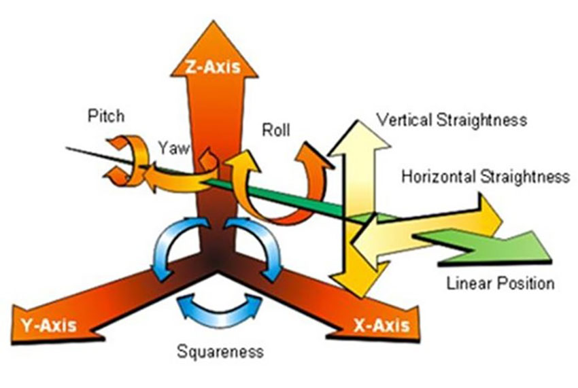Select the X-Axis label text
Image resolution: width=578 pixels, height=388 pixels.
click(x=381, y=325)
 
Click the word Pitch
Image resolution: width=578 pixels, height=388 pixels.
click(x=106, y=116)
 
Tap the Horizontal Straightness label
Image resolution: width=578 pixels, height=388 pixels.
click(x=485, y=177)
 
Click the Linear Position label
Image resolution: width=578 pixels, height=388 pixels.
click(x=500, y=283)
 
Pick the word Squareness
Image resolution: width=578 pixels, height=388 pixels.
click(x=220, y=352)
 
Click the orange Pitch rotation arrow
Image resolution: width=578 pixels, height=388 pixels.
click(x=125, y=161)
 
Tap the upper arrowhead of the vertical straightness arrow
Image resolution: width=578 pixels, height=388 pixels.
click(x=358, y=136)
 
